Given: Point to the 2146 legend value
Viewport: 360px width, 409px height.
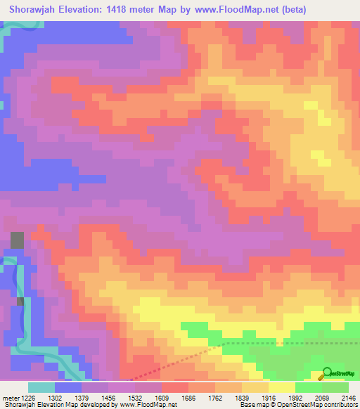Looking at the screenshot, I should click(x=347, y=397).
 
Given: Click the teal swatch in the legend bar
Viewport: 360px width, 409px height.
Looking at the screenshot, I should click(x=41, y=387).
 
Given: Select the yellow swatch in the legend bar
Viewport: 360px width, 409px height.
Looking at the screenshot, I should click(x=281, y=387).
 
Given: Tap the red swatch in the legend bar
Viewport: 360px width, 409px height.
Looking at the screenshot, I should click(x=174, y=387).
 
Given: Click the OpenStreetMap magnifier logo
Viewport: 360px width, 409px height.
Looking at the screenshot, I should click(x=326, y=374).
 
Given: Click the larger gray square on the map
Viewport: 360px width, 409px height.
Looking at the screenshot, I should click(x=17, y=239).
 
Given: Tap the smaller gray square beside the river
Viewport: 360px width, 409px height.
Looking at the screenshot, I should click(x=20, y=302).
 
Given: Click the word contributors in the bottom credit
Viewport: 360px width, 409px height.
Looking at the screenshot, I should click(x=335, y=405).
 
